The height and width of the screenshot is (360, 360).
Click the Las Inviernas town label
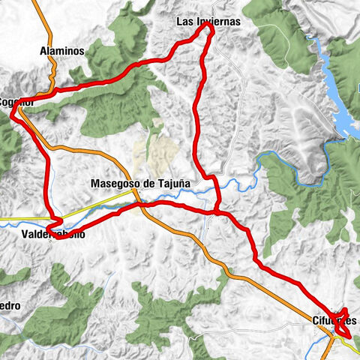click(x=208, y=22)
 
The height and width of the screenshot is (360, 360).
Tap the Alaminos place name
click(x=61, y=50)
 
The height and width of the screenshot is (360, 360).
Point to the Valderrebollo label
click(x=53, y=234)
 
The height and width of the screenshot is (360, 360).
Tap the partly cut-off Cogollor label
click(x=15, y=102)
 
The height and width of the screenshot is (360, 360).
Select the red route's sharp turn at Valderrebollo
click(x=49, y=225)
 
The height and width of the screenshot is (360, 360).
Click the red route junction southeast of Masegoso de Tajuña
click(x=217, y=212)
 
